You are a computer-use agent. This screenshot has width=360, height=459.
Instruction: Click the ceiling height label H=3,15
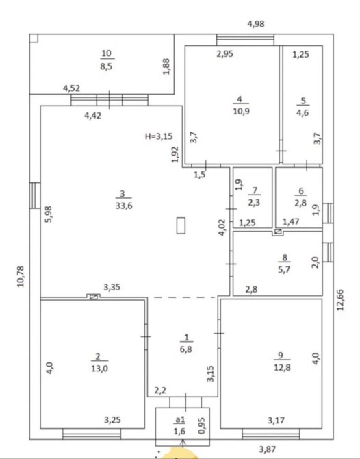(x=159, y=136)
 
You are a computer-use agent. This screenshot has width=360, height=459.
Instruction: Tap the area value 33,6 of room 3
(x=124, y=206)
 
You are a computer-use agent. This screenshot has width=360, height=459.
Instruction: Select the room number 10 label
(x=107, y=53)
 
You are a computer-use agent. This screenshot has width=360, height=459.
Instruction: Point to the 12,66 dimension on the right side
(x=340, y=300)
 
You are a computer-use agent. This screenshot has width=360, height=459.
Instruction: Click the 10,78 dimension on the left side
(x=20, y=276)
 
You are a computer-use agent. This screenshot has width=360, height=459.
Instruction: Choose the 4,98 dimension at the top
(x=256, y=24)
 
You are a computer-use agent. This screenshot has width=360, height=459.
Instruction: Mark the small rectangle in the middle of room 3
(x=181, y=225)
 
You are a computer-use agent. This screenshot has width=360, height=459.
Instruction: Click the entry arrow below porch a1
(x=183, y=443)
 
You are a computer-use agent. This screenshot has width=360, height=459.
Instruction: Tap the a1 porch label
(x=180, y=419)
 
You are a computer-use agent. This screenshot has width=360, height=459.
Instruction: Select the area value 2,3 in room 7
(x=254, y=202)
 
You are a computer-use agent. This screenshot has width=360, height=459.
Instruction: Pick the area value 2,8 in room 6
(x=300, y=203)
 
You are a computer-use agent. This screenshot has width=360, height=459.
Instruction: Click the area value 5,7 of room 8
(x=284, y=269)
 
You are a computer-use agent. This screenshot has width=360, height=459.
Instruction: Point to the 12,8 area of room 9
(x=282, y=367)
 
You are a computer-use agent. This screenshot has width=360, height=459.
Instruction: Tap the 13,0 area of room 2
(x=99, y=369)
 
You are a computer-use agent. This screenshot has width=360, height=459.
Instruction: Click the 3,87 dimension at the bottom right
(x=268, y=449)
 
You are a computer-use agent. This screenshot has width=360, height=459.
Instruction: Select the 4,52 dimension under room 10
(x=71, y=88)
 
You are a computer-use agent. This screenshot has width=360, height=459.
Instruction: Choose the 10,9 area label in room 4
(x=242, y=111)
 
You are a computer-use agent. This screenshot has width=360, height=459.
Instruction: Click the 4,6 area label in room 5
(x=303, y=113)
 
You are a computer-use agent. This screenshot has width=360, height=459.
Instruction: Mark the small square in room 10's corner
(x=34, y=38)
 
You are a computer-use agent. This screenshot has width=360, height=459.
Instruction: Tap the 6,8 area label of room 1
(x=186, y=349)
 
